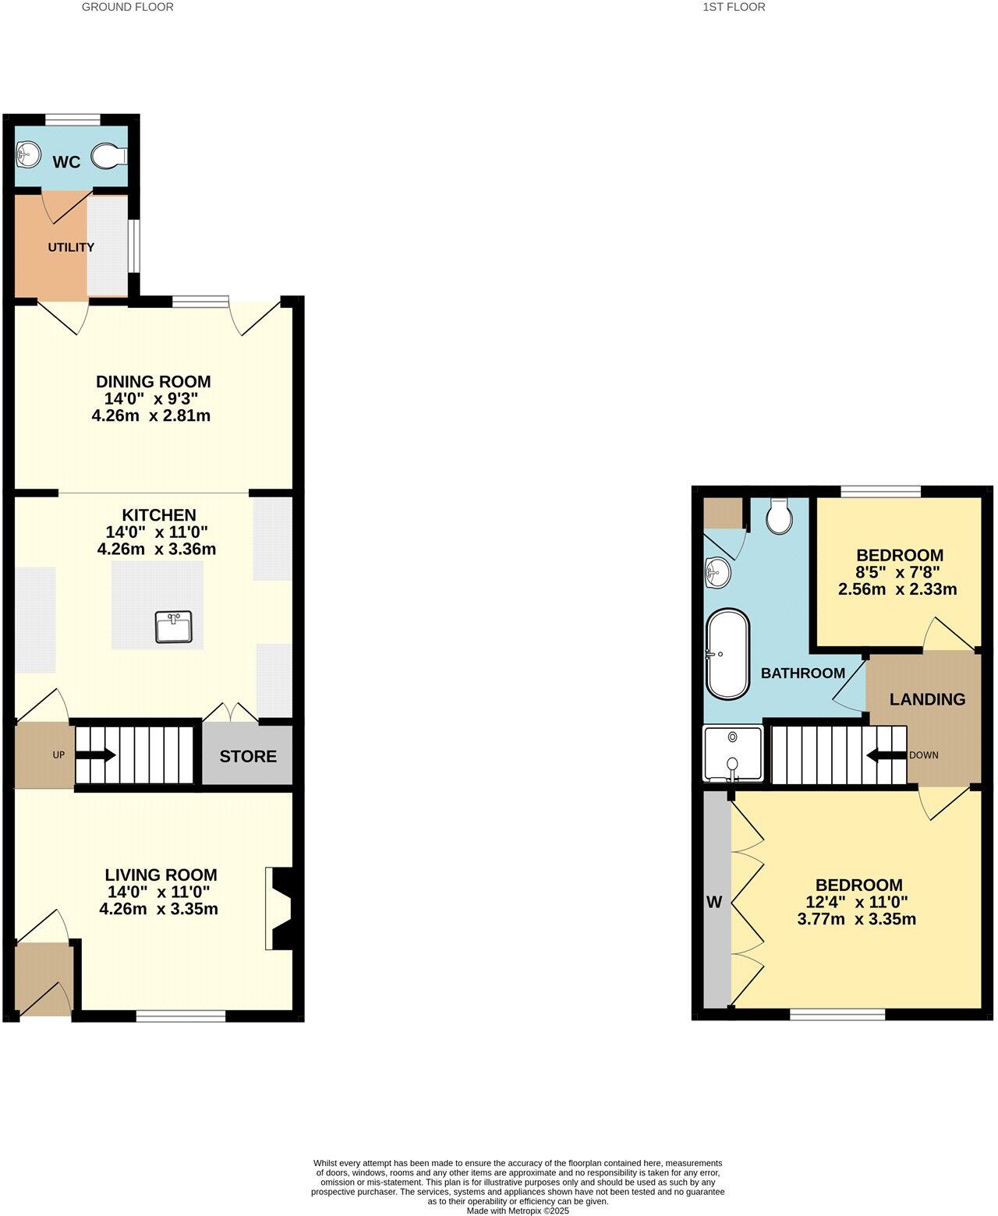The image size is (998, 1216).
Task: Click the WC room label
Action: click(66, 162)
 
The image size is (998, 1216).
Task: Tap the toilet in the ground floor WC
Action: click(108, 157)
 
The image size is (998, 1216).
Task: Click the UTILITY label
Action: click(71, 247)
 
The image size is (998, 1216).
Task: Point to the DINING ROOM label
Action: click(153, 382)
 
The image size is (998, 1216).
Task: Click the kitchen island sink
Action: click(173, 627)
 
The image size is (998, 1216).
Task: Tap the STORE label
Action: click(248, 756)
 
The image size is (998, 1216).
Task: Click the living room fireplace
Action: click(279, 908)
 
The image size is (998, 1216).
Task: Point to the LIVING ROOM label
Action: click(161, 875)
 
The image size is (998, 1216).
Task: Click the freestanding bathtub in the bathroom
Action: click(727, 653)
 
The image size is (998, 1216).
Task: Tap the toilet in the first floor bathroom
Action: click(779, 516)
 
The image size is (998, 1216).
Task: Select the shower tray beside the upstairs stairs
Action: click(733, 754)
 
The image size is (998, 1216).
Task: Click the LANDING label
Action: click(927, 699)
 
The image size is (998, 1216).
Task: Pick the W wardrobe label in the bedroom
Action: click(714, 903)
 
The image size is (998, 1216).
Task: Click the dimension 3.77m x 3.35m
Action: click(856, 919)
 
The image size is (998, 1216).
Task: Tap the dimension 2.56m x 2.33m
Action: click(897, 589)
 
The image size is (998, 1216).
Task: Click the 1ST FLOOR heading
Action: click(734, 7)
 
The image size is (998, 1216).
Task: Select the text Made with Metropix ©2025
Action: click(518, 1211)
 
